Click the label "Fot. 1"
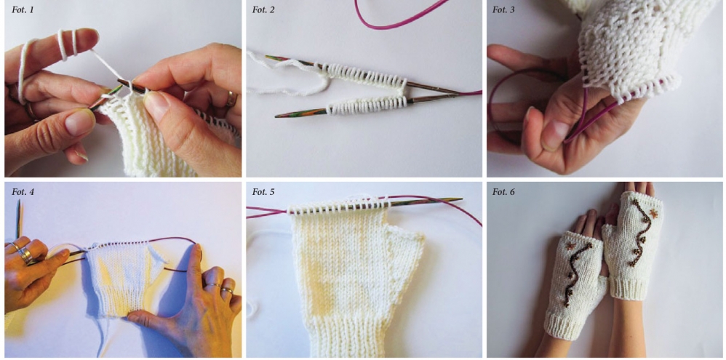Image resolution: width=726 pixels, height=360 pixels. (x=23, y=9)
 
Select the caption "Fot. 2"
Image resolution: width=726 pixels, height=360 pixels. (x=263, y=9)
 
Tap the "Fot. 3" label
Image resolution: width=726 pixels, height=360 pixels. (x=503, y=9)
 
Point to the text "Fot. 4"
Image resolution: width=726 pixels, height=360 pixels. (x=23, y=191)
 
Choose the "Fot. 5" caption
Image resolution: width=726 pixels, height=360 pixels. (x=263, y=191)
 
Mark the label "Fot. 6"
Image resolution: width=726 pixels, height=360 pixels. (x=503, y=191)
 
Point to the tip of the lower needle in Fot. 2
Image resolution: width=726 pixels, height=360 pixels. (x=277, y=115)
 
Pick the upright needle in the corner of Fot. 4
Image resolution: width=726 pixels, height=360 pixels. (x=18, y=219)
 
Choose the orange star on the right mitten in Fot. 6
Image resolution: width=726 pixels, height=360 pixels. (x=653, y=213)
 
